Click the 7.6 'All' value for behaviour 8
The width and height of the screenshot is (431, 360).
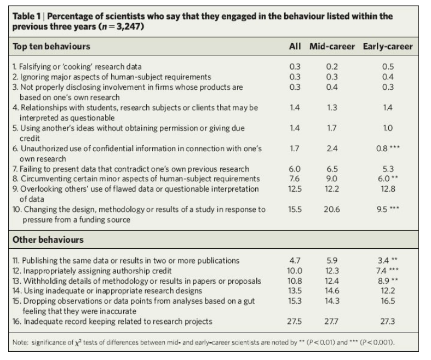coord(295,178)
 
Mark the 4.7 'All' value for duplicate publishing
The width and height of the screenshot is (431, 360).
coord(295,260)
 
